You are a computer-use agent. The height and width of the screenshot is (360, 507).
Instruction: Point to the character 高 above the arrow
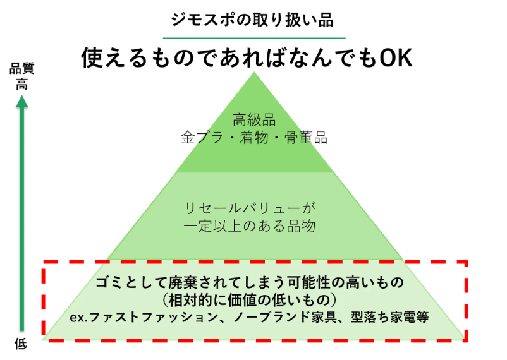(21, 84)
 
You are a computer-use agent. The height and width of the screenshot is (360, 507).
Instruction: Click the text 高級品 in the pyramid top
(254, 119)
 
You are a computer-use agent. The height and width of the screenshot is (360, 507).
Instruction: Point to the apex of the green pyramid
(254, 74)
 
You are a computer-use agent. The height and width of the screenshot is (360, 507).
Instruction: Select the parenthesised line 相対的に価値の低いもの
(254, 298)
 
